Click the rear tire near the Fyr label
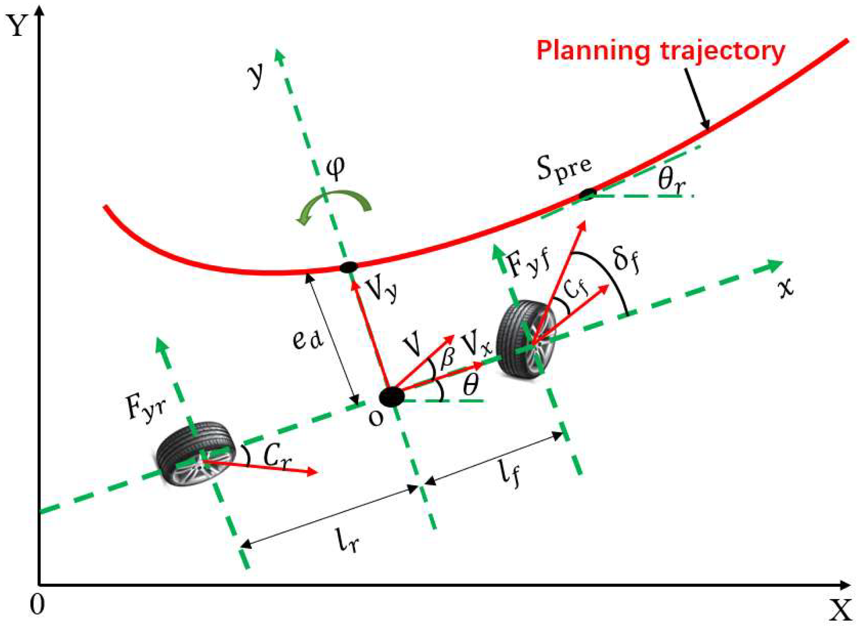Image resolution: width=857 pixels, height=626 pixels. tap(196, 453)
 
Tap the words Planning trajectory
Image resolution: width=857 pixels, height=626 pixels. tap(660, 51)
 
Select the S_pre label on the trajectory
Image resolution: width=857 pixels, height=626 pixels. tap(564, 170)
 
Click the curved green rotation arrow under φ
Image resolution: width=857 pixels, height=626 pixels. tap(334, 206)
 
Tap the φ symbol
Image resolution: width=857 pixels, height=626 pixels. tap(335, 168)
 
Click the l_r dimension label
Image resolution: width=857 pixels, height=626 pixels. tap(347, 540)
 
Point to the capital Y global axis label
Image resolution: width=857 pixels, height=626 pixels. tap(17, 26)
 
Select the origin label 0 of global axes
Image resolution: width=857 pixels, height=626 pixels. tap(37, 605)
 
